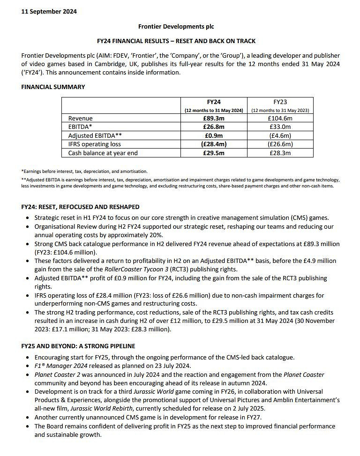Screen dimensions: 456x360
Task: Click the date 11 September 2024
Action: coord(49,12)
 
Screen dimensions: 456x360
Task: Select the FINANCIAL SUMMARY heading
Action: coord(53,87)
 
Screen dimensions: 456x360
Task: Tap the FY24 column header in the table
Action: coord(214,101)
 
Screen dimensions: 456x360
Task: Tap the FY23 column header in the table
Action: coord(280,101)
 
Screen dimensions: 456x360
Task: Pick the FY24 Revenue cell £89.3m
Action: coord(214,119)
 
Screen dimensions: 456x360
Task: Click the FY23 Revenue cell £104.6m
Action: coord(280,119)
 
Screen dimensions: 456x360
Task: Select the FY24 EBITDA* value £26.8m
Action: coord(214,127)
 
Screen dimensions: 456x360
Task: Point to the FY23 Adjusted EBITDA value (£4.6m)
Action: coord(280,136)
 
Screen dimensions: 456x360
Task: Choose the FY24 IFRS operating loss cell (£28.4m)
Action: coord(214,144)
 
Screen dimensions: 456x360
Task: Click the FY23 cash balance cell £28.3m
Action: coord(280,153)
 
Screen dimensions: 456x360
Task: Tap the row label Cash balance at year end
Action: coord(103,153)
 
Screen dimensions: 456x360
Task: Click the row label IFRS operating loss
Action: coord(95,144)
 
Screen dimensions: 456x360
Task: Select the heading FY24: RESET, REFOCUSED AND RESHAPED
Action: coord(80,207)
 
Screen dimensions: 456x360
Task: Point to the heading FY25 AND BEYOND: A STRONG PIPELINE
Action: coord(78,346)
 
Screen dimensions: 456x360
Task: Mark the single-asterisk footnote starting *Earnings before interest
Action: coord(85,172)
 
